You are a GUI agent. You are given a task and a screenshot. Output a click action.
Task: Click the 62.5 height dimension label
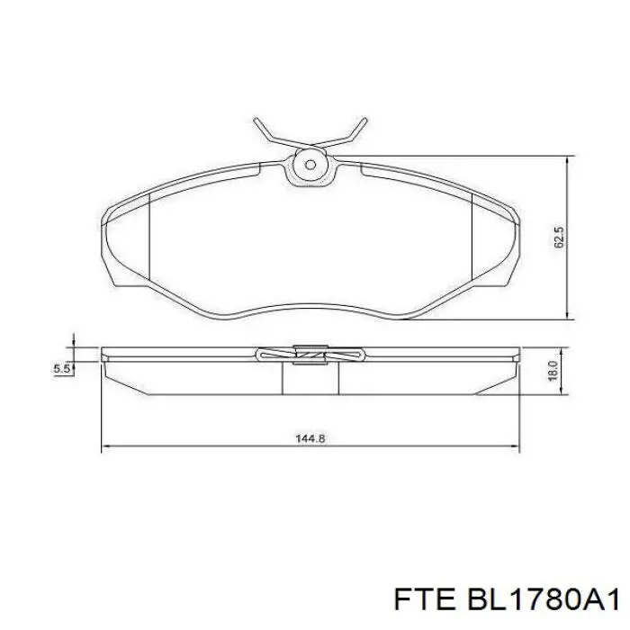click(559, 238)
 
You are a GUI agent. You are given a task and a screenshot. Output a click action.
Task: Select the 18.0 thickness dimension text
click(553, 368)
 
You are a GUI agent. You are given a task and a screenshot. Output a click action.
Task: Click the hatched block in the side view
click(310, 357)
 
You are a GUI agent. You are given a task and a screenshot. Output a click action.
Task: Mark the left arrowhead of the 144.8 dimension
click(107, 445)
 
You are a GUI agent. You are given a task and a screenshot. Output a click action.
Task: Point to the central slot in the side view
click(310, 378)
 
